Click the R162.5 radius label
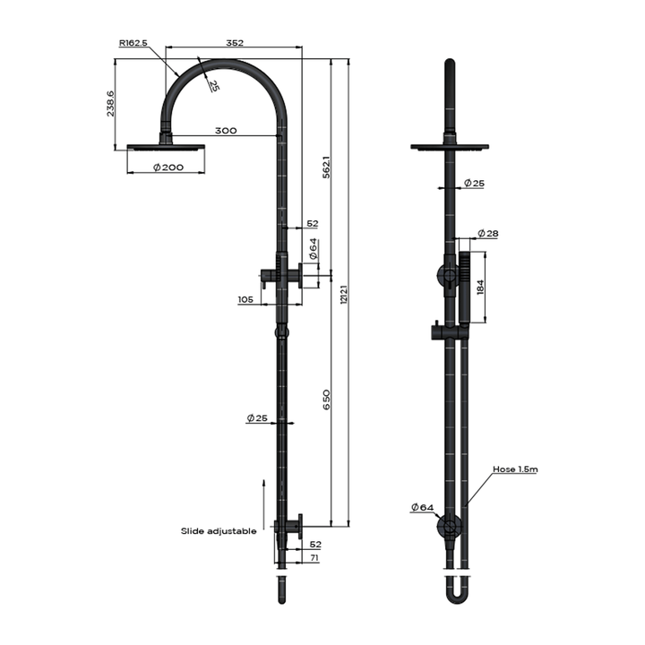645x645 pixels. (x=133, y=42)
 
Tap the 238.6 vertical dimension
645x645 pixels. (x=110, y=103)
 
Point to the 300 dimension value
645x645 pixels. (x=226, y=131)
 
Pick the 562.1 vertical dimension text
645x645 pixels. (x=327, y=166)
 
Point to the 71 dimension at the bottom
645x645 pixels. (x=313, y=558)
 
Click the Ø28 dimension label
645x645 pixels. (x=487, y=234)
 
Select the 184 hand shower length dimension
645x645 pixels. (x=481, y=287)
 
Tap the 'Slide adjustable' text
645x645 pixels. (x=219, y=531)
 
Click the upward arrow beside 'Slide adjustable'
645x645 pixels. (x=264, y=498)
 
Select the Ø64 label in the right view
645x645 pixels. (x=422, y=508)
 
